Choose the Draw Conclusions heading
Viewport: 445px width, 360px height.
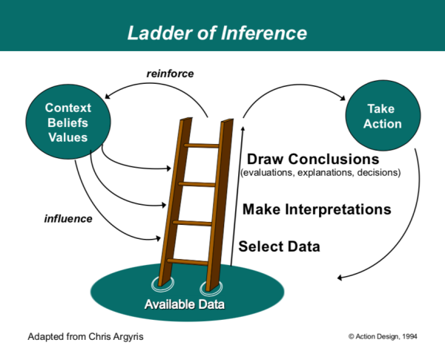pyautogui.click(x=312, y=160)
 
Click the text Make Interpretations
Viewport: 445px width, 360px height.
pyautogui.click(x=317, y=209)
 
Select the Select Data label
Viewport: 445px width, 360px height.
pyautogui.click(x=280, y=246)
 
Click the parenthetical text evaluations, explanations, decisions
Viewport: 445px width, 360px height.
pyautogui.click(x=320, y=174)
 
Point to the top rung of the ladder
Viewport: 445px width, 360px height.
pyautogui.click(x=202, y=145)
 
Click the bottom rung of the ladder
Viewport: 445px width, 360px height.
pyautogui.click(x=188, y=261)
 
